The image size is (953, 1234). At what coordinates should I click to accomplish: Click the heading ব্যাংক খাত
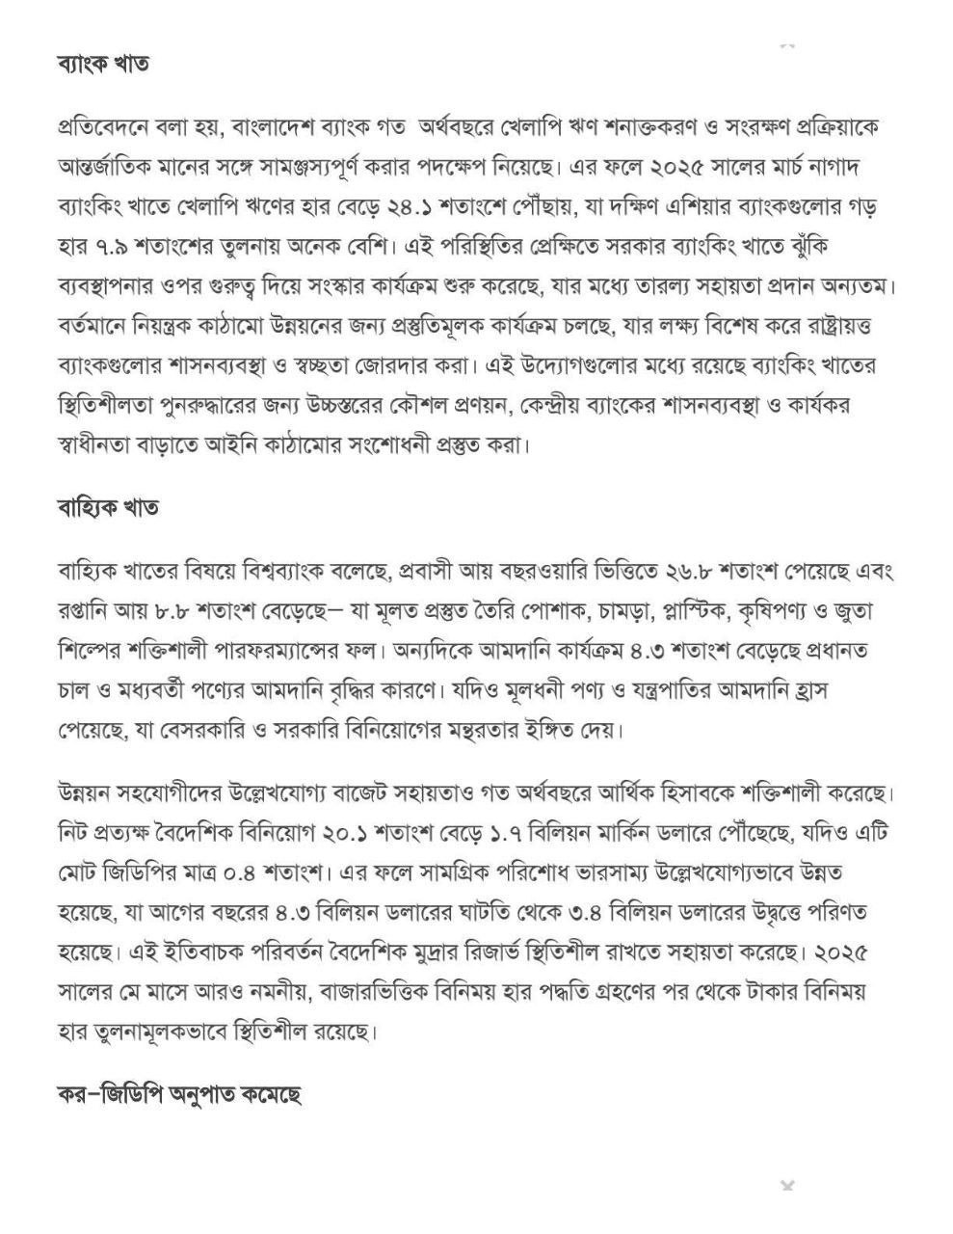[x=103, y=65]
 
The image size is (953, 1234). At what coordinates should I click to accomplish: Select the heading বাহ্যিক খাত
[x=108, y=507]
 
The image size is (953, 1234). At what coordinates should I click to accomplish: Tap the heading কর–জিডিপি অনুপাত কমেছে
[x=180, y=1095]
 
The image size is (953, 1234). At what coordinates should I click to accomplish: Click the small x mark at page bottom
[x=787, y=1184]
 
